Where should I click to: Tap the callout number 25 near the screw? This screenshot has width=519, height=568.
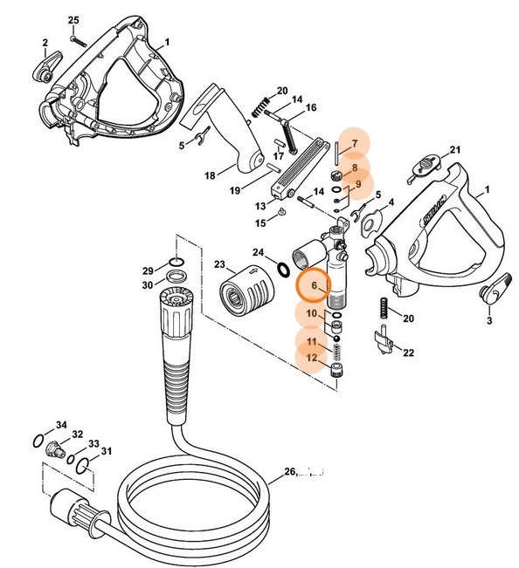[73, 20]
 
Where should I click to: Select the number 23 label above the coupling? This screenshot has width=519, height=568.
[219, 264]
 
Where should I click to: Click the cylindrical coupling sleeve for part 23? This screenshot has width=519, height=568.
[239, 297]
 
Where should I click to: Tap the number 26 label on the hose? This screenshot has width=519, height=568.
[290, 474]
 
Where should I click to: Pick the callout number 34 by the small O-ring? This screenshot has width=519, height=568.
[61, 425]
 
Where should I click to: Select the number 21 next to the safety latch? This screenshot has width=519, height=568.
[454, 150]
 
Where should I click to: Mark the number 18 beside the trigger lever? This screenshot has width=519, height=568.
[210, 176]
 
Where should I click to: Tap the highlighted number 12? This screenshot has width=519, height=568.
[312, 358]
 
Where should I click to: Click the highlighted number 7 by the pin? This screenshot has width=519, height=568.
[355, 144]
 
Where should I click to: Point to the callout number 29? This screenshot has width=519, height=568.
[149, 270]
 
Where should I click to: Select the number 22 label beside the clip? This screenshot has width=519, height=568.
[409, 352]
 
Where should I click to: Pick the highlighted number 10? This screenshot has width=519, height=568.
[312, 313]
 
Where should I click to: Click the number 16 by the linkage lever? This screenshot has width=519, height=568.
[310, 107]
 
